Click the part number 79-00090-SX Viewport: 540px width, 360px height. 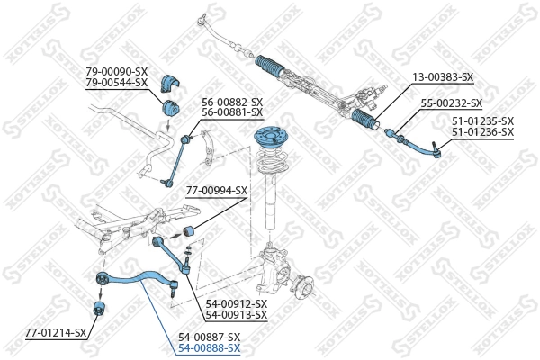click(x=116, y=71)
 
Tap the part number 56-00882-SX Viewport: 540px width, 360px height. click(x=232, y=102)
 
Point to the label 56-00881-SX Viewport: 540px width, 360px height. click(x=232, y=112)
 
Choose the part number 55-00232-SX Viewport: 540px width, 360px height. click(x=452, y=103)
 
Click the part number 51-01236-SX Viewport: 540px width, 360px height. click(x=481, y=132)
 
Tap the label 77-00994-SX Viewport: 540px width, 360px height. click(x=217, y=191)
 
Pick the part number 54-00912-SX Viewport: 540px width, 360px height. click(x=237, y=304)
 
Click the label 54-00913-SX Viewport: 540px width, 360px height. click(x=237, y=315)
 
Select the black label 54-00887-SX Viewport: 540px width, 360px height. click(x=210, y=336)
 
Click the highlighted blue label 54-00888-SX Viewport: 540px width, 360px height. click(x=210, y=347)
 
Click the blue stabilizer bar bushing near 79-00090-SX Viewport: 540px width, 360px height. click(x=169, y=84)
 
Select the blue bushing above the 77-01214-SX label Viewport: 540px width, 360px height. click(x=99, y=310)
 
